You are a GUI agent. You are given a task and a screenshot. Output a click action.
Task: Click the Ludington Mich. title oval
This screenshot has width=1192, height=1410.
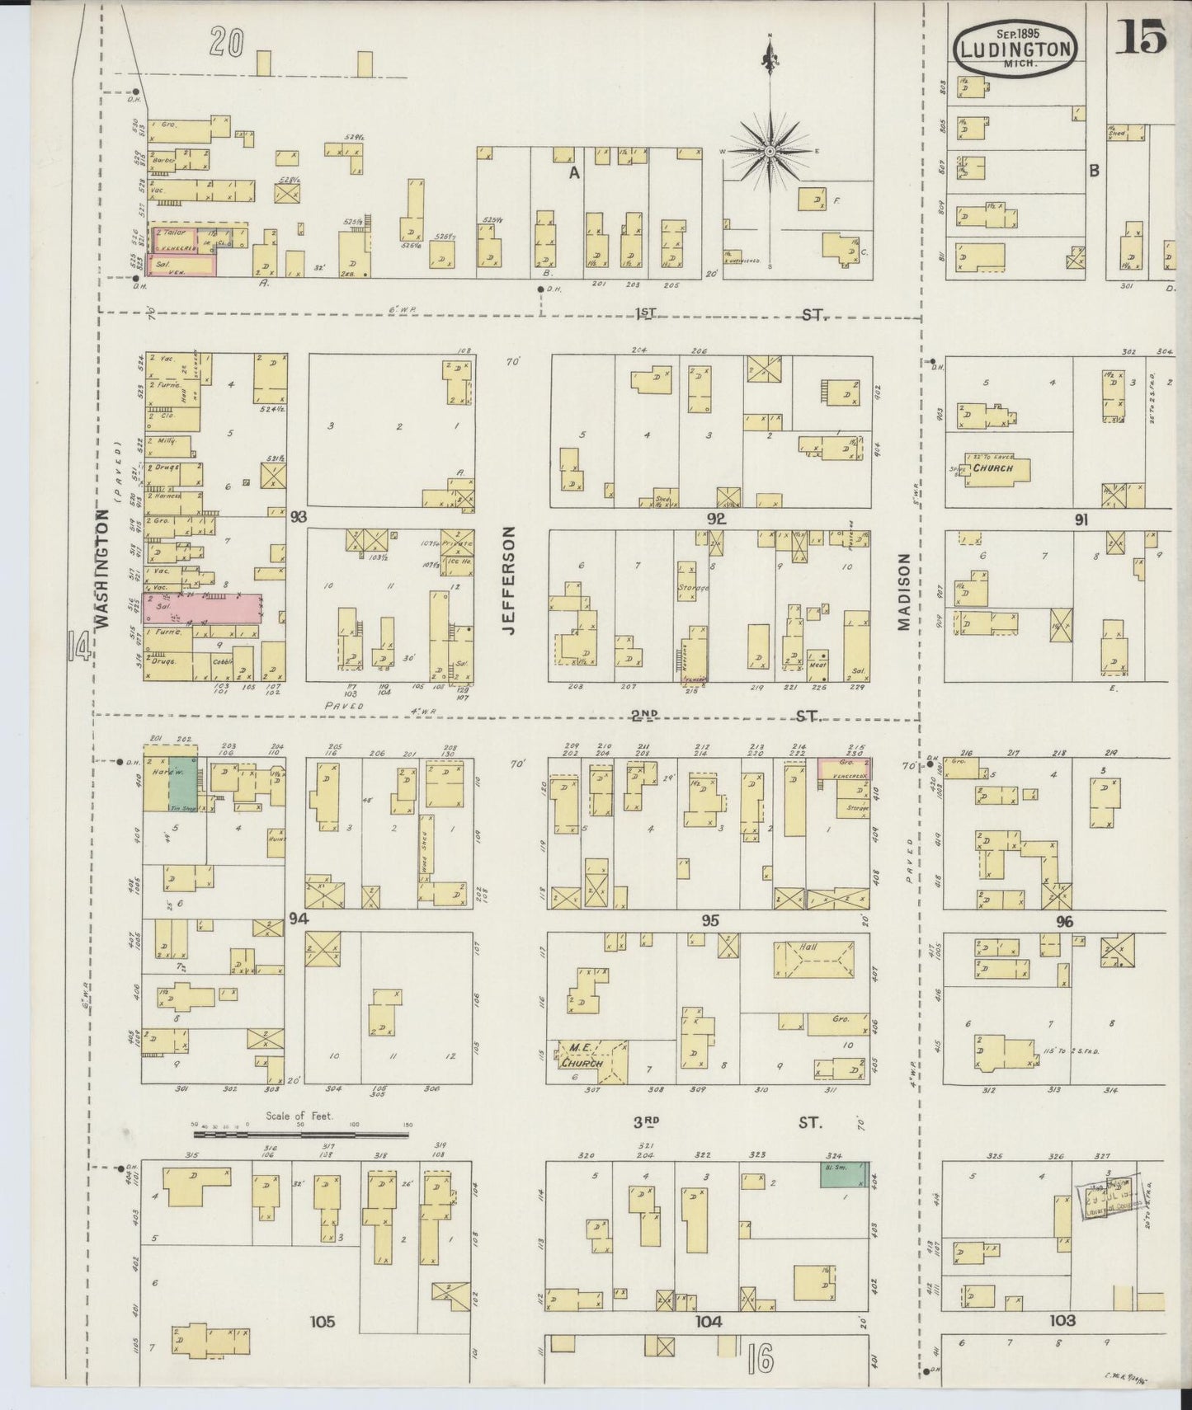click(x=1015, y=50)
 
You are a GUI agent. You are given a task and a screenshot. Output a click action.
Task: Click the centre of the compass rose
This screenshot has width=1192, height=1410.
click(x=769, y=152)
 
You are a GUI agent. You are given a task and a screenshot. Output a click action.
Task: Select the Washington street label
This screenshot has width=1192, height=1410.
click(x=104, y=568)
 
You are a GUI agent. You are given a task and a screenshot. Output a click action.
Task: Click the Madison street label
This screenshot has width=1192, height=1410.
click(x=903, y=591)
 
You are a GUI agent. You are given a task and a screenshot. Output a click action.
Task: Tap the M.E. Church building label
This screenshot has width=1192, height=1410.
click(x=583, y=1055)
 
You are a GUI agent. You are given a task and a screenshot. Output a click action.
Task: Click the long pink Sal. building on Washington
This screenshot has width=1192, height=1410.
click(x=202, y=608)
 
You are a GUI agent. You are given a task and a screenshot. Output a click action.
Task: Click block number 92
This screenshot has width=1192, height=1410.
click(x=715, y=519)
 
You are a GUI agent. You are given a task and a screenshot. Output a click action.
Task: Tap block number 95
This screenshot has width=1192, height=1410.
click(x=709, y=921)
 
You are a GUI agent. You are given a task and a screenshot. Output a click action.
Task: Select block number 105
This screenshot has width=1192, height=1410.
click(x=322, y=1321)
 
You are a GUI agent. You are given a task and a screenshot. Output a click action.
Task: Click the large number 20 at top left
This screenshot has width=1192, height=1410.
click(x=226, y=42)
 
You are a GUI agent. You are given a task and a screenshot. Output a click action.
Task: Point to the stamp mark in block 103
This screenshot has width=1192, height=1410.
click(x=1109, y=1201)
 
